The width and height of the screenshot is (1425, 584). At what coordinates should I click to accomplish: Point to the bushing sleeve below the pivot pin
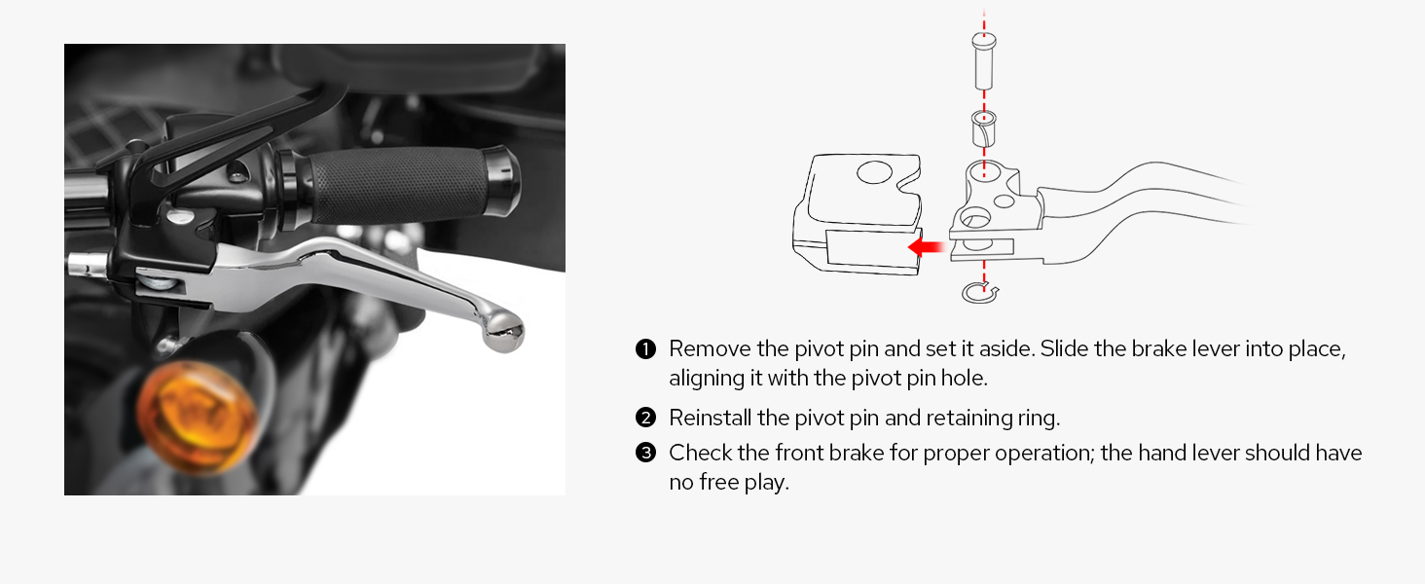point(984,128)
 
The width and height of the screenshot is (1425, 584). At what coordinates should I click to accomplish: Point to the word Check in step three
point(698,454)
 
